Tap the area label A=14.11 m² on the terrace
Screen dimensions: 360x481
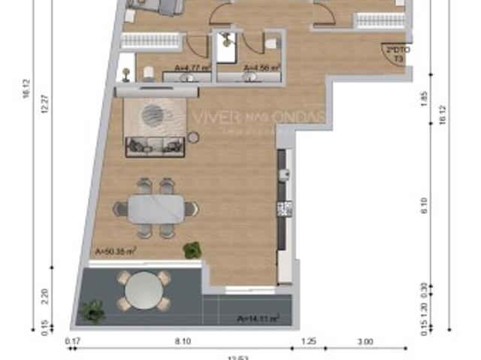[x=258, y=318]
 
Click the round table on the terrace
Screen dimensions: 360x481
[x=144, y=290]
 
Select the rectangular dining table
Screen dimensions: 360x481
[x=156, y=208]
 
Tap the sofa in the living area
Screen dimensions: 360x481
[x=155, y=147]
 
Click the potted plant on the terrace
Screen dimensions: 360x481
[x=93, y=310]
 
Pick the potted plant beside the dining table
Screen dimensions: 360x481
[x=192, y=250]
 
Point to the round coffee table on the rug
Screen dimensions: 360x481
[x=153, y=114]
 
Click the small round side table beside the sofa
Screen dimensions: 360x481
[x=193, y=138]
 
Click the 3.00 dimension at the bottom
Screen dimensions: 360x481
[x=365, y=342]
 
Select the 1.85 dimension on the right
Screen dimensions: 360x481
[x=425, y=97]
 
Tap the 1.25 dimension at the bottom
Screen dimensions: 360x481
[x=309, y=342]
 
